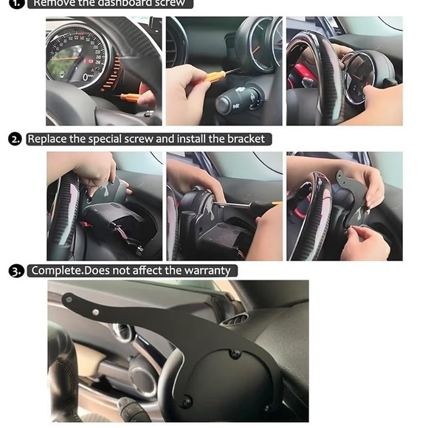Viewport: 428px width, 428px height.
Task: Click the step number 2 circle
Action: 15,139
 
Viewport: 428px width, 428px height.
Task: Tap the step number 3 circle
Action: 15,271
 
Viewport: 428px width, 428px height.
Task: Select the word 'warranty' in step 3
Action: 206,271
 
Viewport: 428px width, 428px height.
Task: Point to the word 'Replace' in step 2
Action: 49,139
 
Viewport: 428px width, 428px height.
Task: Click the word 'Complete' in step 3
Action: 57,271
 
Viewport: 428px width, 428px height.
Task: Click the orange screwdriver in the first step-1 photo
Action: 131,97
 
